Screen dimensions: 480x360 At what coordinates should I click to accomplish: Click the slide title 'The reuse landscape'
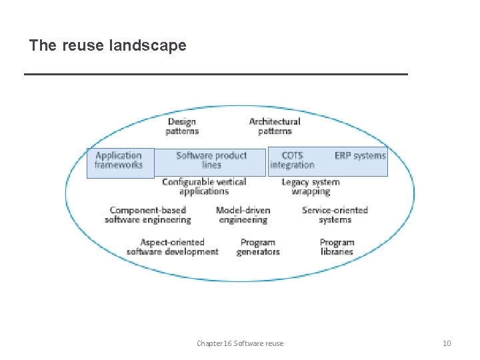pos(107,45)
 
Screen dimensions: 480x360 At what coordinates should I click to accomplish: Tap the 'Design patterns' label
pos(182,126)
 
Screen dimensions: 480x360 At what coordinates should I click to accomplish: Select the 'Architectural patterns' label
pos(275,126)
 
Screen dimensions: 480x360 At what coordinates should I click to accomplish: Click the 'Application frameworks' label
pos(119,160)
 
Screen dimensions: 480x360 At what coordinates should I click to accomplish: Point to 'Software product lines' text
pos(211,160)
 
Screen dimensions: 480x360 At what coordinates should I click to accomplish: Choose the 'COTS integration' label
pos(292,160)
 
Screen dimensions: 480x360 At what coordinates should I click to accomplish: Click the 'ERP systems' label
pos(360,155)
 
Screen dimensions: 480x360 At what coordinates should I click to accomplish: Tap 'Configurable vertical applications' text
pos(204,186)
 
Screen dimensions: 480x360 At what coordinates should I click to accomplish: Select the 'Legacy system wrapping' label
pos(311,186)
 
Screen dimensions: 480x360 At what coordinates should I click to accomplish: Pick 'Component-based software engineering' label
pos(148,215)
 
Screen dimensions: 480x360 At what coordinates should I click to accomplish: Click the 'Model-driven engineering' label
pos(243,215)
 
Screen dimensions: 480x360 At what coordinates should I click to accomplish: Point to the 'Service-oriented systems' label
pos(335,215)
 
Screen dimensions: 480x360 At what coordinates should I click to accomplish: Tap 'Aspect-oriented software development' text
pos(172,247)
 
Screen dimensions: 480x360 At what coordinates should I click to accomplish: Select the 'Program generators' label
pos(258,247)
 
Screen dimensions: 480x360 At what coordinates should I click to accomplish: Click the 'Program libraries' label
pos(337,247)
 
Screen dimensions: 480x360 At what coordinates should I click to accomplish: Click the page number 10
pos(447,343)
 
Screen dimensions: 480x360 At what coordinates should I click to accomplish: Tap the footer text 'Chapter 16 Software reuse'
pos(240,343)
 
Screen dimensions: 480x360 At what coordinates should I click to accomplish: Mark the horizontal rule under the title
pos(215,74)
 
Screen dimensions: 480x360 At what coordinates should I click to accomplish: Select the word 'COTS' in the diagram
pos(292,155)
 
